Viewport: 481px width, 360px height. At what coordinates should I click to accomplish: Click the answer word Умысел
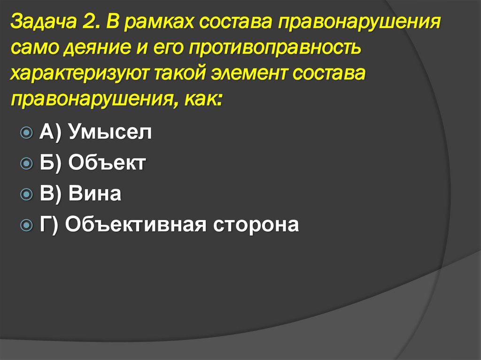coord(110,133)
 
